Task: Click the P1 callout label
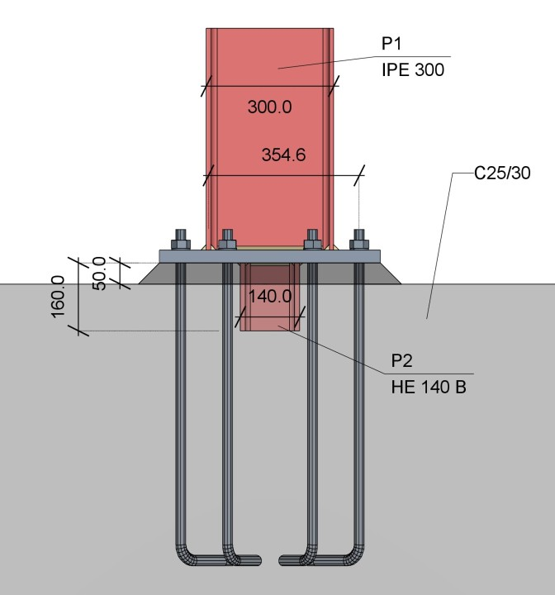point(391,44)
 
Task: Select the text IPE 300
point(413,69)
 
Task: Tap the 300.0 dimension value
point(270,107)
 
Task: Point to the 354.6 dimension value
point(284,155)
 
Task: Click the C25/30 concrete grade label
point(502,173)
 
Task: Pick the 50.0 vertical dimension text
point(99,274)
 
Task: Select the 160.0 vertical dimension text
point(58,297)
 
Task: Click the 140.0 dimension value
point(270,297)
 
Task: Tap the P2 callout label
point(401,360)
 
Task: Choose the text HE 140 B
point(429,387)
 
